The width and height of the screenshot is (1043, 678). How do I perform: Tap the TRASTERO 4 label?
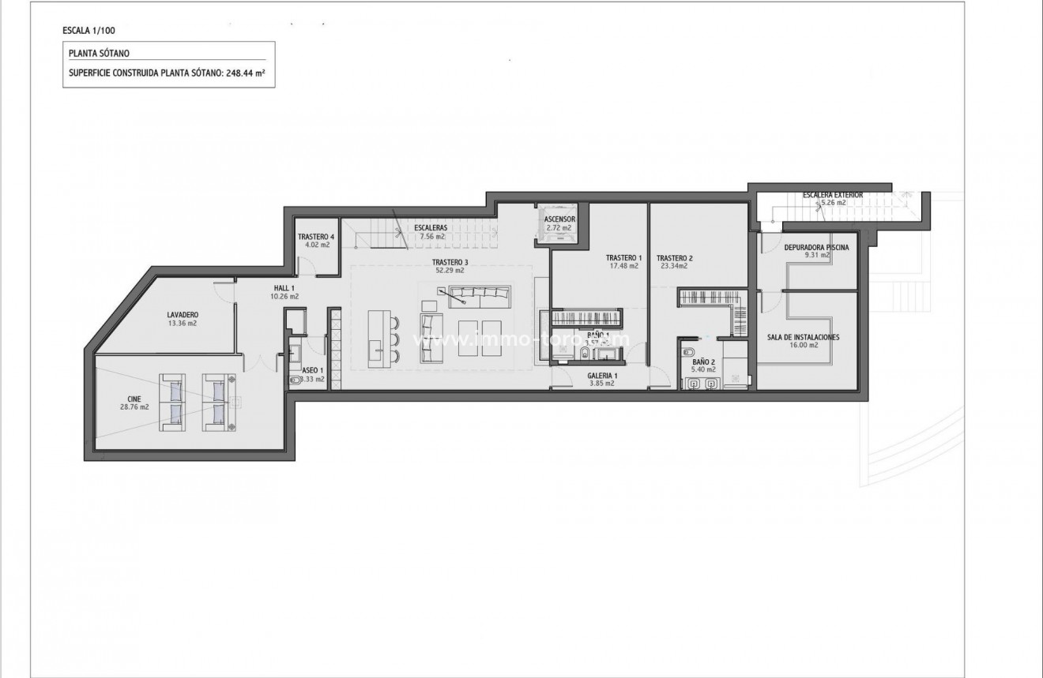[x=315, y=236]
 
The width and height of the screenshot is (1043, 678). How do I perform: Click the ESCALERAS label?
[x=431, y=228]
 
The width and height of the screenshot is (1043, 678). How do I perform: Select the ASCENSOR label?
[x=559, y=219]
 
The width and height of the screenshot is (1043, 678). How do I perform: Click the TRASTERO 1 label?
[x=623, y=258]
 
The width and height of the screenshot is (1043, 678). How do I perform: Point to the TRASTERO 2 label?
[x=674, y=258]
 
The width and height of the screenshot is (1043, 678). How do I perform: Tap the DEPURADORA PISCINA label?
[x=816, y=247]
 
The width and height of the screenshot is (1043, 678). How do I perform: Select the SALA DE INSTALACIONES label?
[x=803, y=337]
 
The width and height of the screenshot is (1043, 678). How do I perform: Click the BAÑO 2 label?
[x=702, y=361]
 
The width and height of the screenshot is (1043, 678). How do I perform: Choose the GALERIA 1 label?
[x=602, y=375]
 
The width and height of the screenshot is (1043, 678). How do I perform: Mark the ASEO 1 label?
[x=311, y=370]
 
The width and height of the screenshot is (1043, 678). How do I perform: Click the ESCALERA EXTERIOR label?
[x=832, y=194]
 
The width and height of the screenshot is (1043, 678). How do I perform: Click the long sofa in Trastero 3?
[x=478, y=297]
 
